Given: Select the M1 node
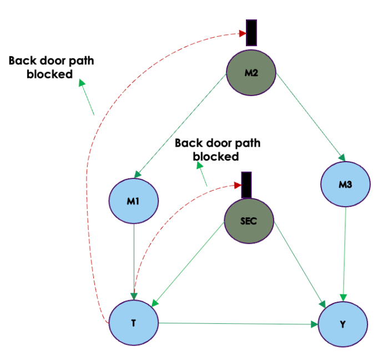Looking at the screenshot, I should (x=134, y=201).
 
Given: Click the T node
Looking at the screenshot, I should (x=134, y=324).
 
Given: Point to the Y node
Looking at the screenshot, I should (x=342, y=324).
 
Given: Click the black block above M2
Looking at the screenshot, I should (x=251, y=32).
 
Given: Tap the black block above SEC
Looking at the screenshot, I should (x=246, y=184).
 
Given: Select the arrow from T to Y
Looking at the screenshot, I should (x=239, y=323).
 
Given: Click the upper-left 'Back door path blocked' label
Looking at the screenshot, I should (x=51, y=67).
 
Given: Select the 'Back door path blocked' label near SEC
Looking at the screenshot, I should (x=217, y=149).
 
